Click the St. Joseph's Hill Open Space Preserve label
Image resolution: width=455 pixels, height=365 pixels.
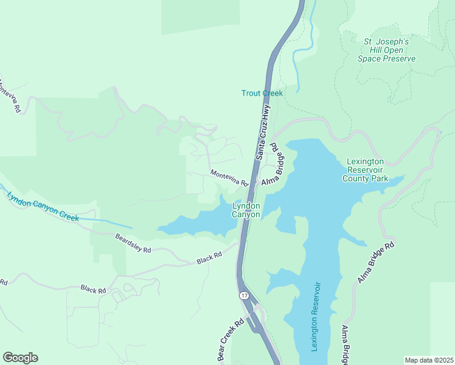point(389,50)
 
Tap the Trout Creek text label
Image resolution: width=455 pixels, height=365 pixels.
point(262,93)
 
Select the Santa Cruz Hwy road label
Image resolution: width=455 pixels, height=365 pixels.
point(263,132)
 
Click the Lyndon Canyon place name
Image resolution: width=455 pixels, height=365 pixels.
point(246,210)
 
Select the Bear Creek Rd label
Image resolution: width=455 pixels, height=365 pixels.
point(231,341)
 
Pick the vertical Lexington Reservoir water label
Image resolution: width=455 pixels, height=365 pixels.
point(315,316)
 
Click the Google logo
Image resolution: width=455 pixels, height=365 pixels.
point(20,358)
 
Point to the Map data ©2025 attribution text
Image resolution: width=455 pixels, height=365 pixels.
point(429,360)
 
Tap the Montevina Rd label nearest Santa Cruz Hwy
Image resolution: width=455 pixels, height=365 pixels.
point(229,178)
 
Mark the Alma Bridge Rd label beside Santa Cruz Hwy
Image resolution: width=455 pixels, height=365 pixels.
point(273,164)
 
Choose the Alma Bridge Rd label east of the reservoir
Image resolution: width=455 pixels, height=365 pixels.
point(377,262)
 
